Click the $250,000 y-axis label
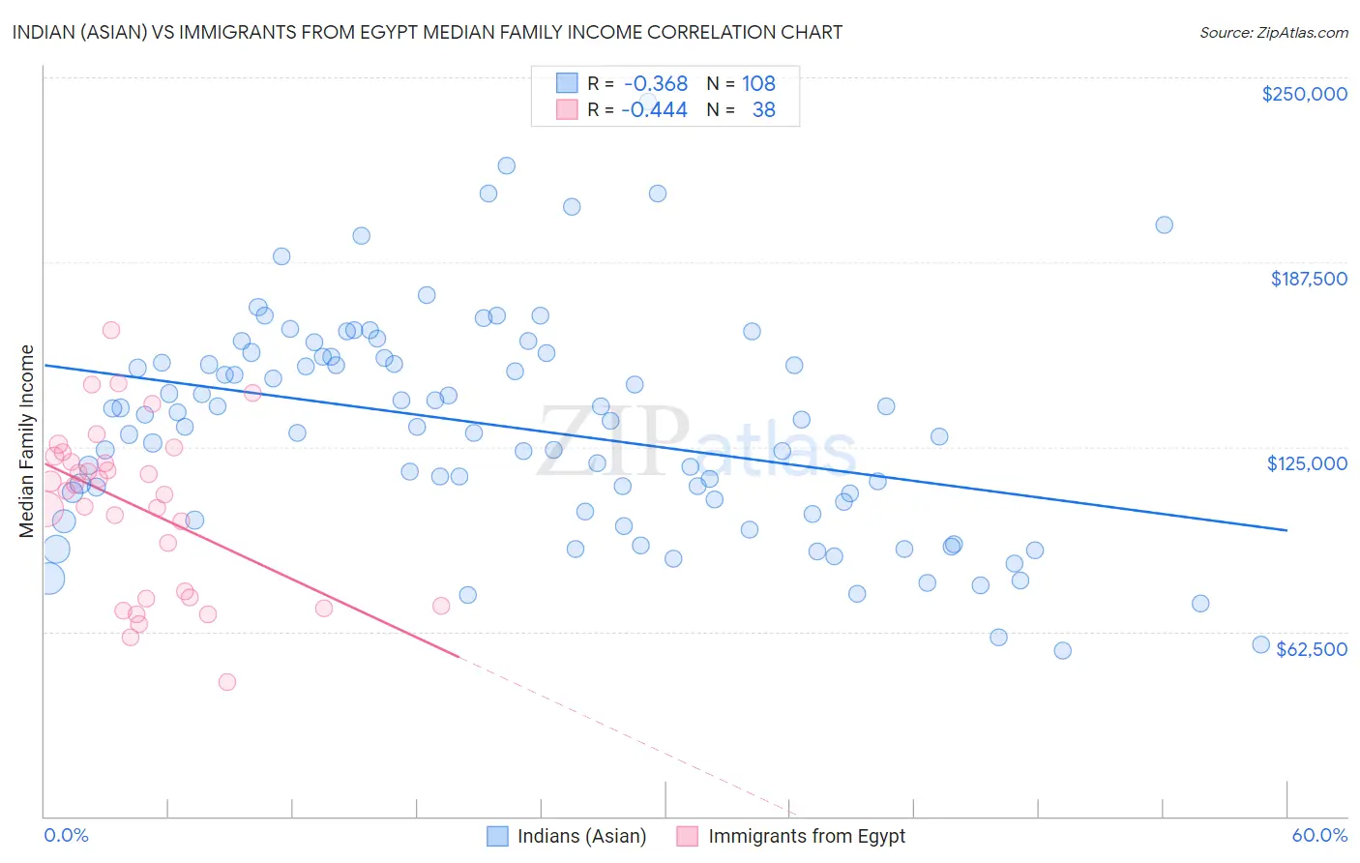click(x=1304, y=94)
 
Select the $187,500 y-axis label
click(x=1308, y=279)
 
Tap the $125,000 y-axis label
click(x=1307, y=463)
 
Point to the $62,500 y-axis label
click(x=1312, y=649)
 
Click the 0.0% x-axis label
click(x=66, y=835)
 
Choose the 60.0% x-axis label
click(x=1319, y=835)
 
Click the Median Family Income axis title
click(x=27, y=441)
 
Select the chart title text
click(x=427, y=32)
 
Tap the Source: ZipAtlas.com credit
click(x=1273, y=32)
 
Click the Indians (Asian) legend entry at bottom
click(x=581, y=836)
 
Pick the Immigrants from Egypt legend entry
click(x=807, y=836)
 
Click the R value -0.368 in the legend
click(x=655, y=84)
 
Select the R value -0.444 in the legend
click(x=654, y=109)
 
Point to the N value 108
click(x=758, y=84)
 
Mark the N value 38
click(x=763, y=109)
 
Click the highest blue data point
click(x=506, y=165)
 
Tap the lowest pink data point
click(x=227, y=682)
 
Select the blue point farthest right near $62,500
click(x=1260, y=644)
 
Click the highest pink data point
click(x=111, y=330)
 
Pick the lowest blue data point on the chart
click(x=1062, y=650)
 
